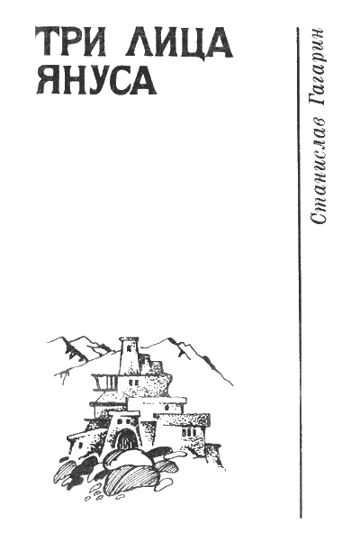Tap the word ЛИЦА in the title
point(178,43)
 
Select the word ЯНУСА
point(96,80)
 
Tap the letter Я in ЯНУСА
point(47,80)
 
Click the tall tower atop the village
point(129,356)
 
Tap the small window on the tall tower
point(129,348)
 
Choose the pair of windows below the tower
point(132,382)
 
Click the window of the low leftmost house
point(81,446)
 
